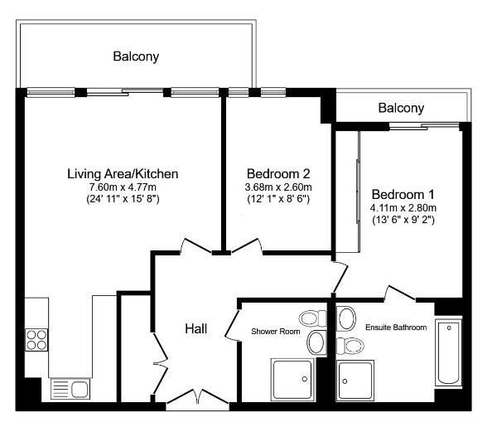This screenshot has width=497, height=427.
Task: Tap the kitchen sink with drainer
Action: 70,388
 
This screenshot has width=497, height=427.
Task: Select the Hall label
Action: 195,329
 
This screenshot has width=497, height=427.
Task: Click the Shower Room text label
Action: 275,332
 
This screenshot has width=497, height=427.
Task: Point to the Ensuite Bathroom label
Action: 396,328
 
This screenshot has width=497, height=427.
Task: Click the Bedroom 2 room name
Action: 278,174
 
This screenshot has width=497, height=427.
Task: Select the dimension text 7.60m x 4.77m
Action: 123,187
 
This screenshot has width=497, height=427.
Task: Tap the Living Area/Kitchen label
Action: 123,174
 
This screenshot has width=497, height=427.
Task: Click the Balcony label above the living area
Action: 136,57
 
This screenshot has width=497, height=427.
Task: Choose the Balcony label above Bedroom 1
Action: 401,108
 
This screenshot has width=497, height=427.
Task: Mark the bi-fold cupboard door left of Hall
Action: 159,361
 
